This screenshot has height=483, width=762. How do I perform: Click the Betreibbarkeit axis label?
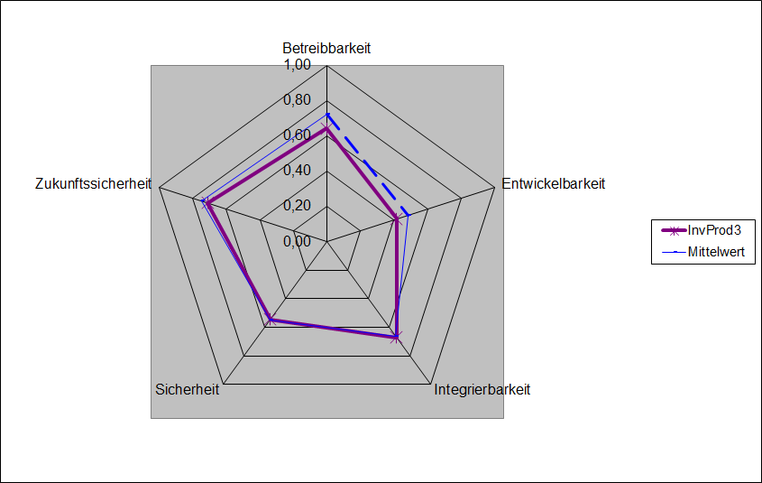click(x=326, y=48)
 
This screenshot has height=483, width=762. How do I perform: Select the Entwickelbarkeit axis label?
click(x=553, y=183)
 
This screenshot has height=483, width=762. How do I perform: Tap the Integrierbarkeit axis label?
click(x=482, y=390)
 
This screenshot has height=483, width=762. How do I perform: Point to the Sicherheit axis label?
click(x=187, y=390)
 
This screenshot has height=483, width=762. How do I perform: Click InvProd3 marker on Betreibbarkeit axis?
click(x=326, y=130)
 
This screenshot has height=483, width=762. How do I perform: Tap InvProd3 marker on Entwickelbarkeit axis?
click(x=396, y=218)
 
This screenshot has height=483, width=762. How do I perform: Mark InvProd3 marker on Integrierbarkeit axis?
click(x=395, y=337)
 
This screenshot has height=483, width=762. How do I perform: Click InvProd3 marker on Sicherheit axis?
click(x=271, y=319)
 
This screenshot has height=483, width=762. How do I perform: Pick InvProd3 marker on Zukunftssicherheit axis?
click(x=207, y=203)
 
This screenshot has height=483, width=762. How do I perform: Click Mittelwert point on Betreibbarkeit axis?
click(x=326, y=115)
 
